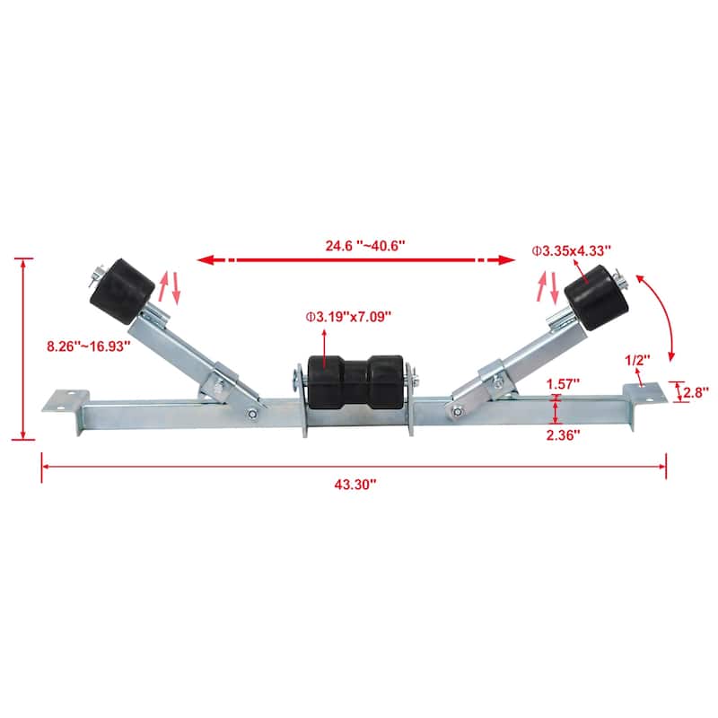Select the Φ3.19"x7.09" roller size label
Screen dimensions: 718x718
click(348, 316)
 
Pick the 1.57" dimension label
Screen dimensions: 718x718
click(562, 383)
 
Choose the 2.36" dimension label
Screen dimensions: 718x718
click(562, 433)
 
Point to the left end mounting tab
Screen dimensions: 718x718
click(65, 400)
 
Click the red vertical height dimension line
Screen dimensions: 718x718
click(24, 348)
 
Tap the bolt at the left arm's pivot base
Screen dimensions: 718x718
click(252, 413)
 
